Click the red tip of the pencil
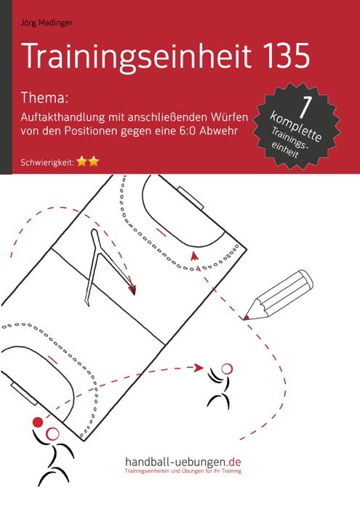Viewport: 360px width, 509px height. (247, 317)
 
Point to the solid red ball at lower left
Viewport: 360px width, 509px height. (37, 421)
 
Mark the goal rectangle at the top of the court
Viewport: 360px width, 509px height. (191, 196)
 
